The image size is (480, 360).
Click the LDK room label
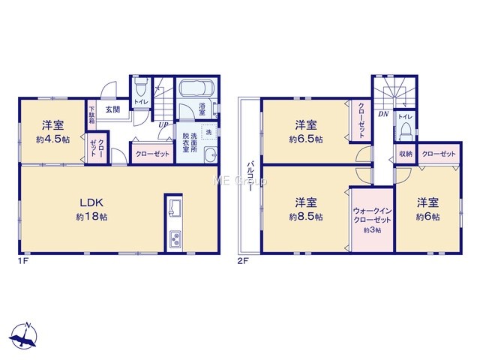[x=91, y=202]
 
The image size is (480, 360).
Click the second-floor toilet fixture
[x=406, y=131]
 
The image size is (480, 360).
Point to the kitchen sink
[x=173, y=208]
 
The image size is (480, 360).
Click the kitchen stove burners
[x=175, y=238]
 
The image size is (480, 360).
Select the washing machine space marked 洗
[x=208, y=132]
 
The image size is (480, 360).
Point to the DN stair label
[x=383, y=114]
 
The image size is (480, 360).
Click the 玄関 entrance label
[x=113, y=109]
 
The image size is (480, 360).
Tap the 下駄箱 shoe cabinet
[x=91, y=115]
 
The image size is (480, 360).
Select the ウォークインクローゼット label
[x=372, y=215]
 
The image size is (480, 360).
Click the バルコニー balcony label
[x=250, y=176]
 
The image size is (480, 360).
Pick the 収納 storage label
[x=406, y=154]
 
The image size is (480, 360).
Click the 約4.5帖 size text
[x=52, y=139]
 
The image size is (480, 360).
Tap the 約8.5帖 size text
[x=306, y=217]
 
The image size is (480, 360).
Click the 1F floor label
[x=23, y=261]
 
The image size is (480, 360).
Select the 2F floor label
[x=243, y=261]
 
